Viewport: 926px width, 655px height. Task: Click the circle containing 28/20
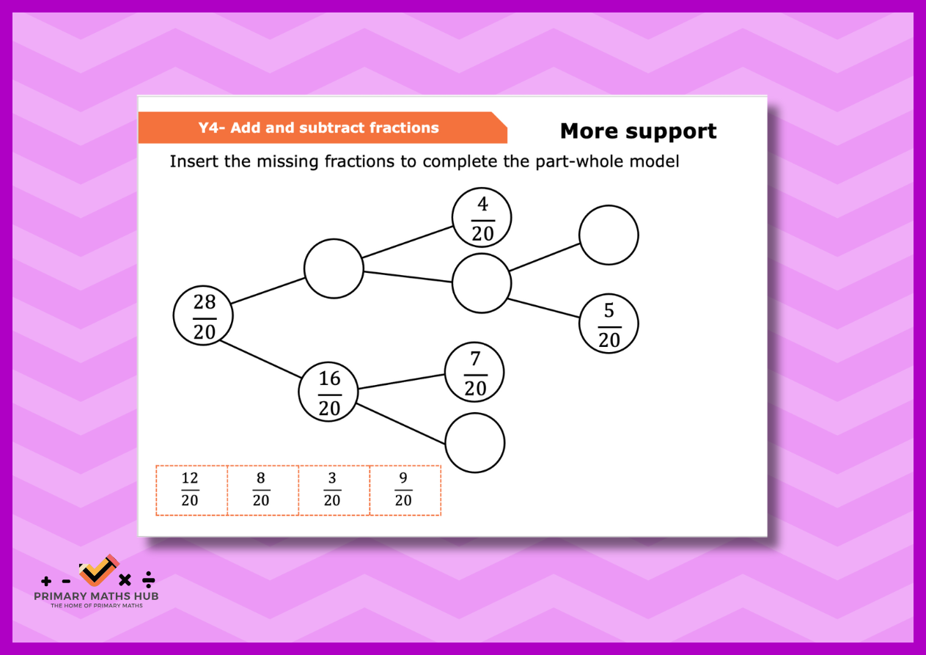203,315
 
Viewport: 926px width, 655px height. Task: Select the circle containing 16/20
328,392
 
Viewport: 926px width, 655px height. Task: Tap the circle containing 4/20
482,218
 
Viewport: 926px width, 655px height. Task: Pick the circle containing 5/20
609,323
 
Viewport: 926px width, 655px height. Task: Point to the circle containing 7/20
474,372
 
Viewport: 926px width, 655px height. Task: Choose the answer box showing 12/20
192,491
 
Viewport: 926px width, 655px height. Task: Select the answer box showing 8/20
263,491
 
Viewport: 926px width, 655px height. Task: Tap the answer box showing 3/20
334,491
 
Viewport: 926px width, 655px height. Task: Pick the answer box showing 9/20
405,491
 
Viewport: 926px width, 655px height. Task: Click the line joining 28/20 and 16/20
260,359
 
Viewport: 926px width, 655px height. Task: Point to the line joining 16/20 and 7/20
401,381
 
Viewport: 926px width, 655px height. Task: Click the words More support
639,131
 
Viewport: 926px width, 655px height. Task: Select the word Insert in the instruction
194,161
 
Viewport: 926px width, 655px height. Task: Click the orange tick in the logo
98,570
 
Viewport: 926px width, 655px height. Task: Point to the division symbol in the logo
148,579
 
